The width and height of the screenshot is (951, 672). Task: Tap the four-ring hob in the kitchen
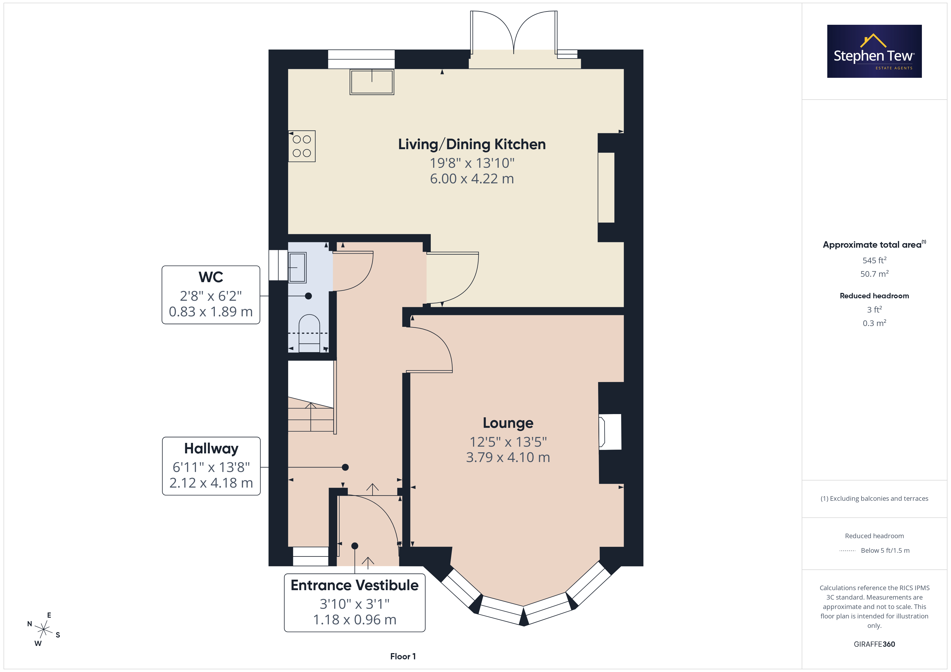(302, 146)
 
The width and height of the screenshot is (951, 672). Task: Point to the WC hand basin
(297, 267)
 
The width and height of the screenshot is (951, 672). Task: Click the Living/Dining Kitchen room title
(472, 144)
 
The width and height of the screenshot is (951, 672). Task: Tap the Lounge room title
(508, 423)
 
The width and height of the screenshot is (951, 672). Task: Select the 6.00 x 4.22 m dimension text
(472, 179)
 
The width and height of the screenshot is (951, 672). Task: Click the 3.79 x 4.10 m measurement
(508, 457)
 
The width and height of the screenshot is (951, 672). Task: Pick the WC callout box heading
(211, 277)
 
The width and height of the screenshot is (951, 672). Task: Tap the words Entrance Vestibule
(354, 585)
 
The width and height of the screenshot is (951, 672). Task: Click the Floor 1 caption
(403, 656)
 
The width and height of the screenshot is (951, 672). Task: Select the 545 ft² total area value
(874, 260)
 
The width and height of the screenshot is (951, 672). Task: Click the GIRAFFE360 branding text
(874, 644)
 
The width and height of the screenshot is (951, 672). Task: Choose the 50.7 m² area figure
(874, 274)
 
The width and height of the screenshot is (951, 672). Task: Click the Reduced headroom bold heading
(874, 296)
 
